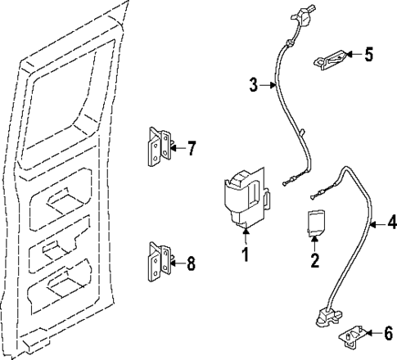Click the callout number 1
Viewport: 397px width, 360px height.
(x=243, y=255)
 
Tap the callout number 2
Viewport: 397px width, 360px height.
(x=314, y=262)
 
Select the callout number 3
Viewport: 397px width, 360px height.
(x=254, y=84)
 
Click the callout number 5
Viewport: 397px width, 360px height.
(x=368, y=55)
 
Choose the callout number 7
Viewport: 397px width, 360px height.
(x=192, y=148)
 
